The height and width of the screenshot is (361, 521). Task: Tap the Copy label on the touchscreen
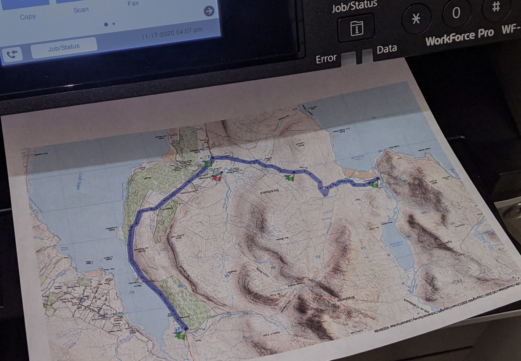(x=27, y=17)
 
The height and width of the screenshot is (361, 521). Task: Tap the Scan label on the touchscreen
(x=81, y=10)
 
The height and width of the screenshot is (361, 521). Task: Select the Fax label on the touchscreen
(x=133, y=3)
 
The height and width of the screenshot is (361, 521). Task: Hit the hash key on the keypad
(x=496, y=7)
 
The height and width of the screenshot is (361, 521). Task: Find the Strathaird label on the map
(x=270, y=192)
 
